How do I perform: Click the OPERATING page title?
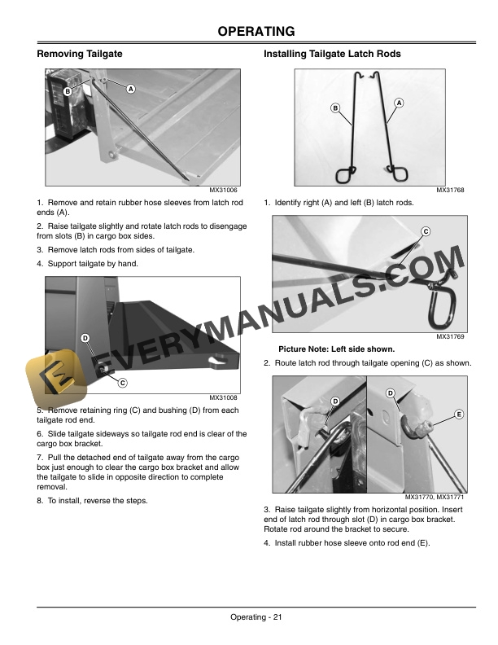point(256,31)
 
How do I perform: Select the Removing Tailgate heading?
point(80,54)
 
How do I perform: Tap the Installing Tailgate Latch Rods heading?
point(332,54)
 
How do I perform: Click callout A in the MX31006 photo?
point(131,89)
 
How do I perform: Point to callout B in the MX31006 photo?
point(68,91)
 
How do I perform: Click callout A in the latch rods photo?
point(399,103)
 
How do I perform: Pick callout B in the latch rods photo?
point(335,108)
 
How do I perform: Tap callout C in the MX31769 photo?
point(426,231)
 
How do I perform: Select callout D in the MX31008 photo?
point(85,338)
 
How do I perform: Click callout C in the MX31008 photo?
point(122,383)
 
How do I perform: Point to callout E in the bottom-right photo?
point(459,415)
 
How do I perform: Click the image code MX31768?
point(450,190)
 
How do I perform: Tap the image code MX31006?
point(223,190)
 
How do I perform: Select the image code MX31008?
point(223,397)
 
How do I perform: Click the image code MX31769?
point(450,336)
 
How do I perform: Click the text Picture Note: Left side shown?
point(337,349)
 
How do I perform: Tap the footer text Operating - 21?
point(256,617)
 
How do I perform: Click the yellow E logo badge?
point(56,379)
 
